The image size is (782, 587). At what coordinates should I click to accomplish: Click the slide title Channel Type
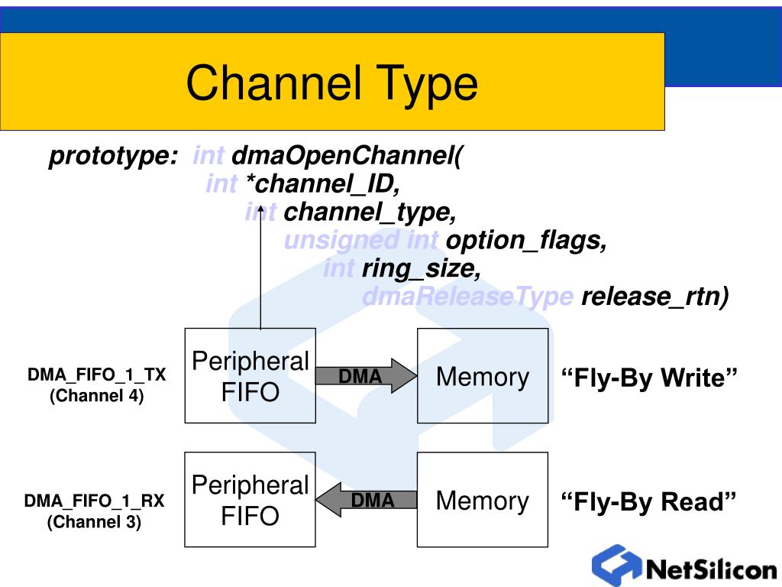pyautogui.click(x=331, y=83)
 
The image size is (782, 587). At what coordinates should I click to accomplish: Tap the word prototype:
pyautogui.click(x=113, y=156)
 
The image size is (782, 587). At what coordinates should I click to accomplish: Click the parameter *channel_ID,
pyautogui.click(x=323, y=183)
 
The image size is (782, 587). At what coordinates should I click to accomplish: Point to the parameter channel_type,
pyautogui.click(x=370, y=212)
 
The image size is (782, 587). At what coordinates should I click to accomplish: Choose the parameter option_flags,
pyautogui.click(x=526, y=241)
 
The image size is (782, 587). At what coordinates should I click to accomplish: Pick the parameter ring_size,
pyautogui.click(x=422, y=268)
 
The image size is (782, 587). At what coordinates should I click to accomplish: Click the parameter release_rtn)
pyautogui.click(x=654, y=297)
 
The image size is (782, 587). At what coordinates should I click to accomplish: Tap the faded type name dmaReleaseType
pyautogui.click(x=468, y=297)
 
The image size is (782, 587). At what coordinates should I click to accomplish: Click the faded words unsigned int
pyautogui.click(x=361, y=241)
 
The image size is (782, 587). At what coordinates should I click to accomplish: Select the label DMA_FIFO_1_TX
pyautogui.click(x=97, y=375)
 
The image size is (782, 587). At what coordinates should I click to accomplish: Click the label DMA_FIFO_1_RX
pyautogui.click(x=94, y=501)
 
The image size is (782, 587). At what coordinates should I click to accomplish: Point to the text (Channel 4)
pyautogui.click(x=97, y=396)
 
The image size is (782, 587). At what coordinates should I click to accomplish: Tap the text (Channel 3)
pyautogui.click(x=94, y=522)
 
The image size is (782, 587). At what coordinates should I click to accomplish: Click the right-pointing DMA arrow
pyautogui.click(x=366, y=375)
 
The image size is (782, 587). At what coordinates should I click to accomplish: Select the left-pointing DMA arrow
pyautogui.click(x=366, y=500)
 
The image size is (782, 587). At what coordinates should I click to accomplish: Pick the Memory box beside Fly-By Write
pyautogui.click(x=483, y=376)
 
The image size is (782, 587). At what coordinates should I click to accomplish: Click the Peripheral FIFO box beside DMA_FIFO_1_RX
pyautogui.click(x=250, y=500)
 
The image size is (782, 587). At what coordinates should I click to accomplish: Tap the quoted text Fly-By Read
pyautogui.click(x=648, y=501)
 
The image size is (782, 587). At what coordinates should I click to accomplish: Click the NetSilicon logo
pyautogui.click(x=684, y=566)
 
